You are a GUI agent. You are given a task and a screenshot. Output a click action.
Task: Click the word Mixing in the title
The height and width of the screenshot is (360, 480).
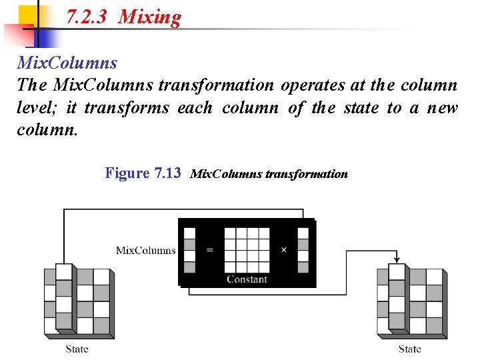click(149, 17)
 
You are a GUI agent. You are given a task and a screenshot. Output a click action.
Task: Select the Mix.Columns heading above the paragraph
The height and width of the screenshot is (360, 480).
click(67, 63)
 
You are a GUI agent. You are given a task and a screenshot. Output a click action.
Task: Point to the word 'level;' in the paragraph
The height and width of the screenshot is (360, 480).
click(37, 107)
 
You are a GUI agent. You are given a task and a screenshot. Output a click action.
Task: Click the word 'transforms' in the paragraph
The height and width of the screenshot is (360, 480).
click(127, 107)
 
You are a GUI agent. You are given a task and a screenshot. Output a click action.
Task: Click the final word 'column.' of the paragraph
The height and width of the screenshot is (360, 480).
click(47, 129)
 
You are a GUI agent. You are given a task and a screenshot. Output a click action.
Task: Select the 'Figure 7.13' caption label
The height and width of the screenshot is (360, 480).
click(143, 173)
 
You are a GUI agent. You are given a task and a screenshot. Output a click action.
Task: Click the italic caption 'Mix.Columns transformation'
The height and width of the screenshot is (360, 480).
click(269, 174)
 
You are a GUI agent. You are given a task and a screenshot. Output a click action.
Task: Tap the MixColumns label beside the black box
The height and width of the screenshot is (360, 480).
click(146, 251)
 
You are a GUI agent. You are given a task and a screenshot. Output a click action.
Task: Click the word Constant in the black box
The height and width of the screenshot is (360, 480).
click(247, 279)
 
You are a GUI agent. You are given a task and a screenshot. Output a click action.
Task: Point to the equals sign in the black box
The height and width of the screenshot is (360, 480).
click(210, 250)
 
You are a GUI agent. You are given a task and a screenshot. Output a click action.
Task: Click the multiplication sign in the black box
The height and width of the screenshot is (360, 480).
click(284, 250)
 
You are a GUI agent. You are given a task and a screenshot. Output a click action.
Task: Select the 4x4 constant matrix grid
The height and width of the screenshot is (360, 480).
click(247, 250)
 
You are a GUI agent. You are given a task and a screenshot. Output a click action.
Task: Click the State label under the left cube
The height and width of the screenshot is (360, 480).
click(77, 349)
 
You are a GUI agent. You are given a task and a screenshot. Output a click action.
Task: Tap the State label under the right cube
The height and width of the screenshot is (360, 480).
click(409, 349)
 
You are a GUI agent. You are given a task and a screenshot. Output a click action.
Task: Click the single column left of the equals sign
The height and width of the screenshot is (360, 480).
click(190, 250)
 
